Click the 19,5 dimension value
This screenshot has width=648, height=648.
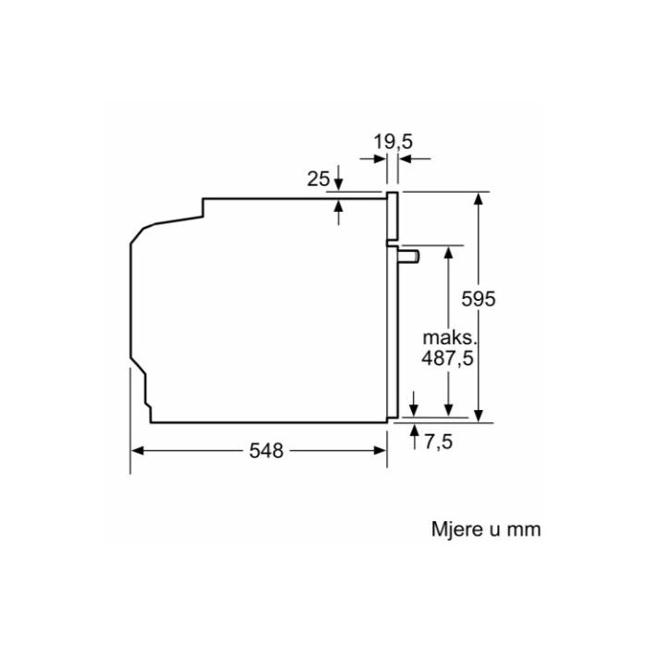pyautogui.click(x=393, y=142)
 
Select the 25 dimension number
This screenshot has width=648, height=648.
pyautogui.click(x=318, y=179)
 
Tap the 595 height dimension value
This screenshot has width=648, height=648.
pyautogui.click(x=479, y=299)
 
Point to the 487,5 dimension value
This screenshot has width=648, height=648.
pyautogui.click(x=447, y=358)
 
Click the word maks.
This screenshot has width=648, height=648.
pyautogui.click(x=450, y=338)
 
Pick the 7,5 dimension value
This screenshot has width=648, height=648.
pyautogui.click(x=439, y=442)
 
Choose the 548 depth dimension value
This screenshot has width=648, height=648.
pyautogui.click(x=267, y=451)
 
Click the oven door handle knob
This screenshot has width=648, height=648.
pyautogui.click(x=409, y=256)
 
